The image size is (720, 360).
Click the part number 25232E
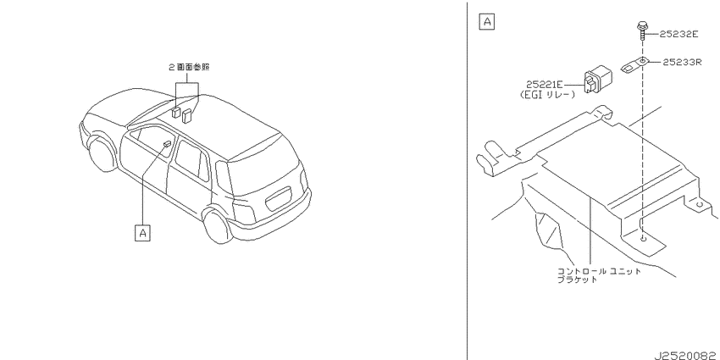pos(678,34)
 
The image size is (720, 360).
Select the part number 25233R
pos(683,62)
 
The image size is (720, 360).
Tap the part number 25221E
pos(544,85)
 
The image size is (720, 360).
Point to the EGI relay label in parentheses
pos(547,95)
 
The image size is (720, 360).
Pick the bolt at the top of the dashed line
pos(642,30)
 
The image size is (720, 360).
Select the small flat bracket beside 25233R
pos(634,65)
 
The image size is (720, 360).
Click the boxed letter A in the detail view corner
pos(487,21)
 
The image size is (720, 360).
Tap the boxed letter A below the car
pos(143,233)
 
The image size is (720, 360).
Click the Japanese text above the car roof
pos(189,67)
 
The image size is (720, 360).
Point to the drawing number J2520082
pos(686,356)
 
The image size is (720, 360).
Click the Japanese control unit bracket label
pos(599,275)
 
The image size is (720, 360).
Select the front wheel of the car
pos(102,154)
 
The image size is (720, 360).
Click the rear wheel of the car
pos(217,226)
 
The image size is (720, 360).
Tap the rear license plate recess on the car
pos(279,198)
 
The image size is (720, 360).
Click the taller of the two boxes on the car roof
pos(187,115)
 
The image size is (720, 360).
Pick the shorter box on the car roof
pos(176,113)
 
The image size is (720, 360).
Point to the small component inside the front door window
pos(168,144)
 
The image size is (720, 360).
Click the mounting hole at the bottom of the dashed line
pos(643,238)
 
